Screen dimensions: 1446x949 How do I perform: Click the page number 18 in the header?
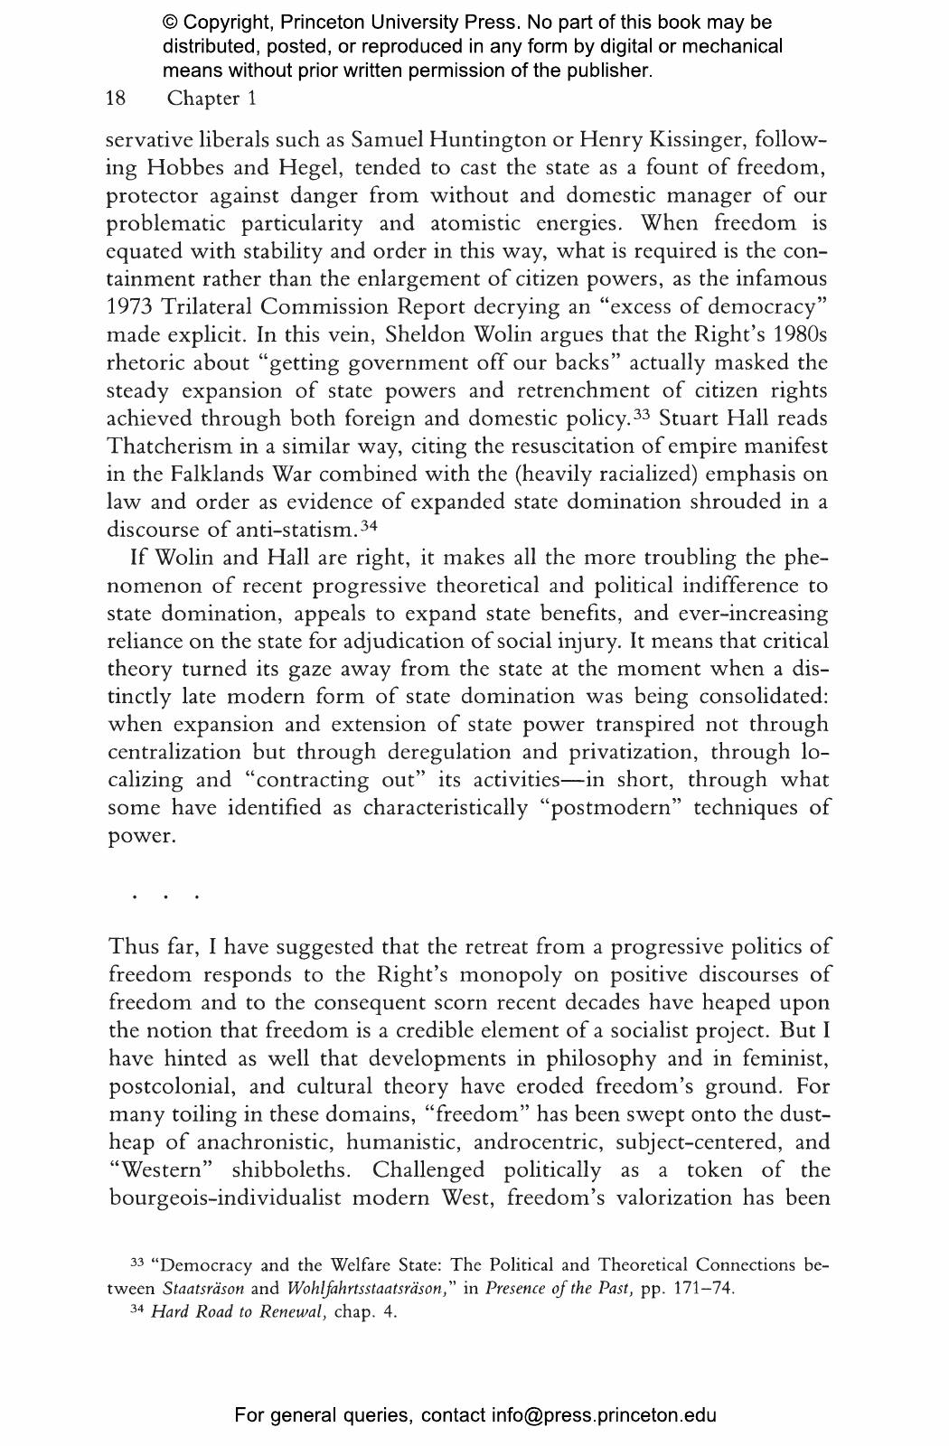pyautogui.click(x=116, y=99)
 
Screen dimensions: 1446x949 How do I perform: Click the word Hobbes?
pyautogui.click(x=192, y=168)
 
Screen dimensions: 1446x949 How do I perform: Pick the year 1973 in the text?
pyautogui.click(x=130, y=307)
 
